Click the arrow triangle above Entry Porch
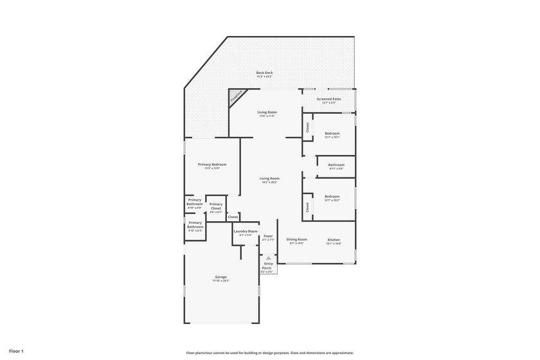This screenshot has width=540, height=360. coord(269,258)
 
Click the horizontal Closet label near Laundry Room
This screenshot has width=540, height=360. coord(233,217)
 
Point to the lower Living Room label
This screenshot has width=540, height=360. coord(269,179)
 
